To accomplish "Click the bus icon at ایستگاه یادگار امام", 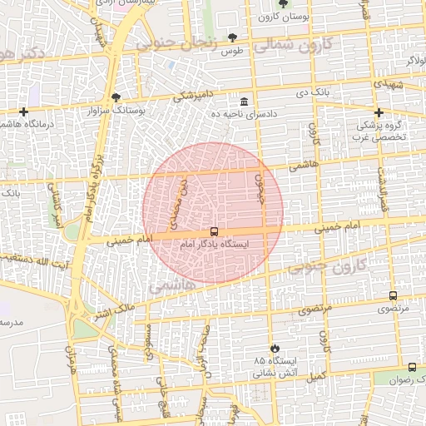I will click(x=215, y=232).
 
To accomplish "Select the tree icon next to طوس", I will click(x=231, y=37).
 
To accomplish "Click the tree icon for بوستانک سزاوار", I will click(x=116, y=97).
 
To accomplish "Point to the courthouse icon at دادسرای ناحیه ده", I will click(x=243, y=99).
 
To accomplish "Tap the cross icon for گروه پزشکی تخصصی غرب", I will click(x=379, y=112).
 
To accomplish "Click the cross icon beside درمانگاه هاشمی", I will click(x=24, y=111).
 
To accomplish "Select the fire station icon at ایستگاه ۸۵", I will click(x=275, y=348).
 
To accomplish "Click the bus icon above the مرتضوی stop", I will click(x=393, y=295).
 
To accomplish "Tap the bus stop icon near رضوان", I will click(x=412, y=367).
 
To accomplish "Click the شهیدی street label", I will click(x=389, y=86).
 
